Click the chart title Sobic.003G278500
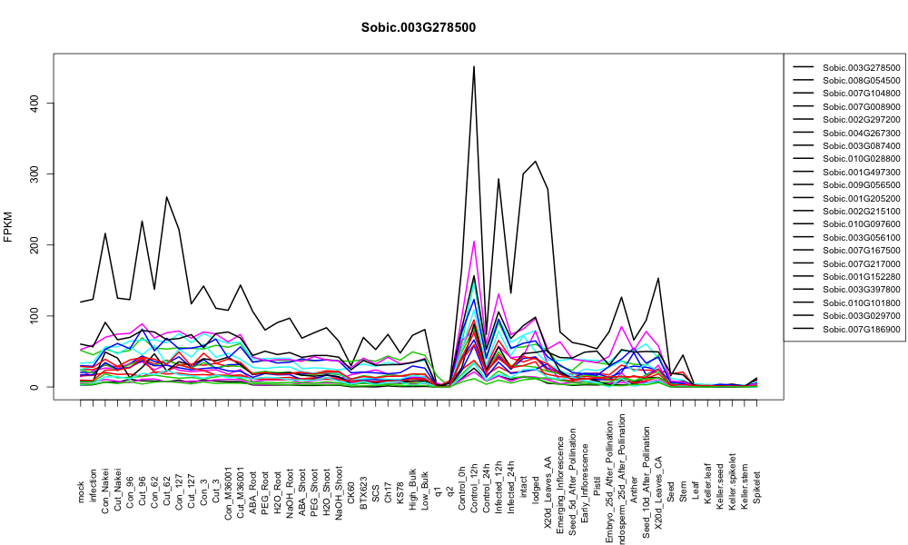pyautogui.click(x=418, y=28)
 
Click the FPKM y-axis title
pyautogui.click(x=8, y=227)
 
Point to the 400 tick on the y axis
pyautogui.click(x=35, y=103)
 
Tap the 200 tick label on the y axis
pyautogui.click(x=35, y=245)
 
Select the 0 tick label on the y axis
pyautogui.click(x=35, y=387)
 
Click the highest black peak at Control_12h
pyautogui.click(x=474, y=66)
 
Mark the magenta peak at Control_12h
pyautogui.click(x=474, y=242)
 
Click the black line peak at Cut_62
pyautogui.click(x=166, y=197)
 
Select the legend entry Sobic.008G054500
pyautogui.click(x=847, y=81)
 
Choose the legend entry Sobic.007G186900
pyautogui.click(x=847, y=330)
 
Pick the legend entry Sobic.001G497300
pyautogui.click(x=847, y=172)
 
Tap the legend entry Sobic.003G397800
pyautogui.click(x=847, y=290)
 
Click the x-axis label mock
pyautogui.click(x=81, y=492)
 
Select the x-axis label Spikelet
pyautogui.click(x=757, y=487)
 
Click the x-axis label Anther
pyautogui.click(x=634, y=490)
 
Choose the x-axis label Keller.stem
pyautogui.click(x=745, y=483)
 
